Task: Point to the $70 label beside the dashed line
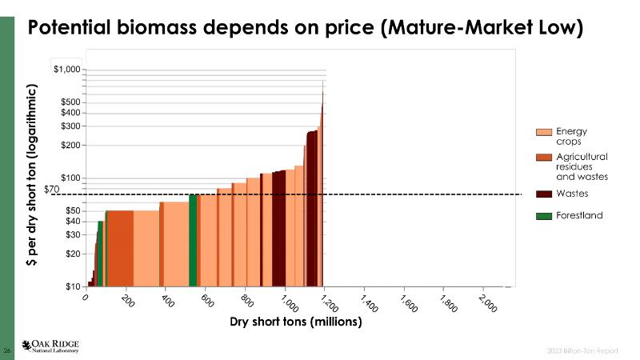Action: [x=52, y=189]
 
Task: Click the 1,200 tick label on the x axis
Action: [x=328, y=303]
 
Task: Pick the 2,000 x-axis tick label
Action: [x=486, y=303]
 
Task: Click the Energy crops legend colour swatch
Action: [x=544, y=132]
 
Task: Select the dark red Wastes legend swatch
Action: [x=544, y=194]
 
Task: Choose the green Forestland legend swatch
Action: [x=544, y=216]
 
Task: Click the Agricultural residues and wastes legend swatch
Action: [x=544, y=157]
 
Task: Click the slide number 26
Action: [x=7, y=350]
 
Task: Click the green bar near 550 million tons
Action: [x=193, y=240]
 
